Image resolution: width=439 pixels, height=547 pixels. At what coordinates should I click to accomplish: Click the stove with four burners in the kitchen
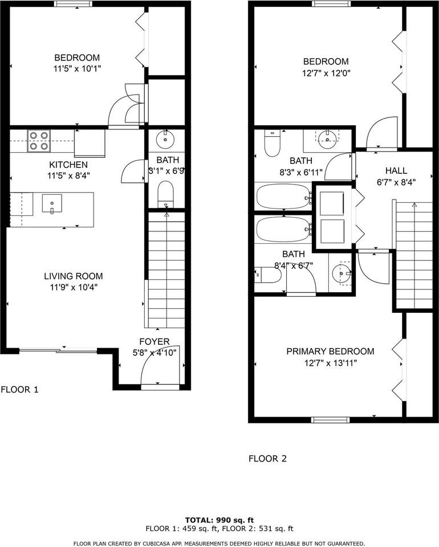(39, 141)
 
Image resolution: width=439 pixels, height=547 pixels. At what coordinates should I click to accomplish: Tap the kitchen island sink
(52, 203)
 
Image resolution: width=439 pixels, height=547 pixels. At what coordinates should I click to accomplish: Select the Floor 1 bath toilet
(165, 194)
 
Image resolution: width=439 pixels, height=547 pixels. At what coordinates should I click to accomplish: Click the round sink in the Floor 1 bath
(165, 140)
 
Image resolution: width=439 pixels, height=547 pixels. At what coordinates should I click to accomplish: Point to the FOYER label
(155, 341)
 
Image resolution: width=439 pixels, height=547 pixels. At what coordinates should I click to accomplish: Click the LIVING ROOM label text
(74, 276)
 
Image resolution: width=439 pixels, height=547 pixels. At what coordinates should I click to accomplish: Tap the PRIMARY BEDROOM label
(330, 352)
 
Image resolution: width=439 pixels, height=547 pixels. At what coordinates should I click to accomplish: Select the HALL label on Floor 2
(396, 170)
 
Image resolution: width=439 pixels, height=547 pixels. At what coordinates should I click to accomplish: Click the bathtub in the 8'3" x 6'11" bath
(283, 196)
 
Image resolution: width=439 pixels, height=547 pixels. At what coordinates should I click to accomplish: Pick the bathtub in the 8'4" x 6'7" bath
(283, 229)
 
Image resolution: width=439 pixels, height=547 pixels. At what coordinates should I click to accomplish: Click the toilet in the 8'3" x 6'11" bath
(272, 144)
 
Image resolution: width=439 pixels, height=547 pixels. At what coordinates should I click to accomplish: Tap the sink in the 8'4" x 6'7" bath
(342, 273)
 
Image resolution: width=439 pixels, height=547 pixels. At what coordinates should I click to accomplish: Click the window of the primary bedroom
(330, 420)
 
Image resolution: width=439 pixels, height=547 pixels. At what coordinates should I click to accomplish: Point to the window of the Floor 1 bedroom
(74, 4)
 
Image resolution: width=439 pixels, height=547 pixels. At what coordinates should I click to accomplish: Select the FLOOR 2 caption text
(267, 458)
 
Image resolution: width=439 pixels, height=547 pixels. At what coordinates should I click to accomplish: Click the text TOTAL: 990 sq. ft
(219, 520)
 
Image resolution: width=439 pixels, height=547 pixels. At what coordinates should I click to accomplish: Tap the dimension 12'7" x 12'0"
(326, 74)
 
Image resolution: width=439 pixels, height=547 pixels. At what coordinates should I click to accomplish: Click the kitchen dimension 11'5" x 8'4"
(69, 175)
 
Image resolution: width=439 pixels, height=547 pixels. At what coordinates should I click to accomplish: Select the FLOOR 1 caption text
(19, 389)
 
